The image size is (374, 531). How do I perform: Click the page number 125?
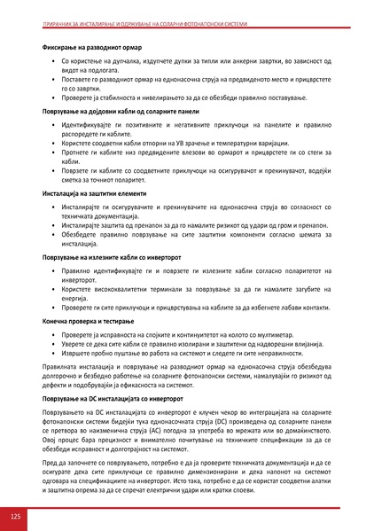15,516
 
